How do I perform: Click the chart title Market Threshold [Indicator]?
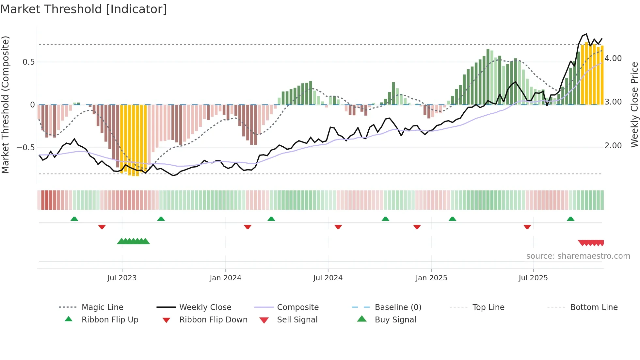click(84, 9)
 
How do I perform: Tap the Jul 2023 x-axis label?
click(122, 278)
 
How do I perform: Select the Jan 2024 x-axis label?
click(225, 278)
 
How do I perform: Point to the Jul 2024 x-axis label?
click(328, 278)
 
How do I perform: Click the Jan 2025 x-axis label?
click(431, 278)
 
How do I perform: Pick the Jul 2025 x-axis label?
click(533, 278)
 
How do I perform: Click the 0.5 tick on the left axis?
click(28, 62)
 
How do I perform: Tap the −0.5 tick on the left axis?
click(25, 148)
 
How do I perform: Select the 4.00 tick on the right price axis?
click(613, 58)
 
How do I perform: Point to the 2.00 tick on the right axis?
click(613, 146)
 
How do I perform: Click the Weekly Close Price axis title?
click(634, 105)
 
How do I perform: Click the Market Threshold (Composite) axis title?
click(5, 105)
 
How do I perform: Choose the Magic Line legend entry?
click(102, 307)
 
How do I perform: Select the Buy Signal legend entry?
click(395, 320)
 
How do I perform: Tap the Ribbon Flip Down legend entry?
click(213, 320)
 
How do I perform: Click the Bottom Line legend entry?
click(594, 307)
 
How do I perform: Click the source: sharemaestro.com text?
click(578, 256)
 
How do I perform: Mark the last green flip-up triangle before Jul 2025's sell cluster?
click(570, 219)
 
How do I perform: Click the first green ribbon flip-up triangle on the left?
click(74, 219)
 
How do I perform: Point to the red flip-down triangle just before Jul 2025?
click(527, 227)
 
